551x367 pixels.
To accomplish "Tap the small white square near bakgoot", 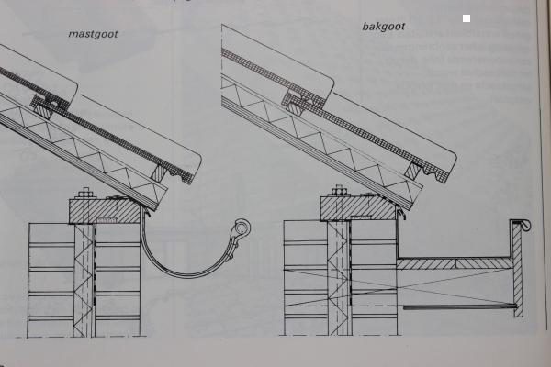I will tap(467, 18).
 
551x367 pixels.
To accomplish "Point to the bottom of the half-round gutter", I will tap(188, 273).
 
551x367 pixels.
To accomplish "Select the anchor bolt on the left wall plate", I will tap(85, 195).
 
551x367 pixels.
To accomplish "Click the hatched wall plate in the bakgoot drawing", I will tap(358, 209).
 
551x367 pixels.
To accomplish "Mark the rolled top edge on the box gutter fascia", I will tap(520, 223).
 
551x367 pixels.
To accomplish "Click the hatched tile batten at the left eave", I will tap(160, 171).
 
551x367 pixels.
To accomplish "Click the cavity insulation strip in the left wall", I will tap(85, 275).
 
